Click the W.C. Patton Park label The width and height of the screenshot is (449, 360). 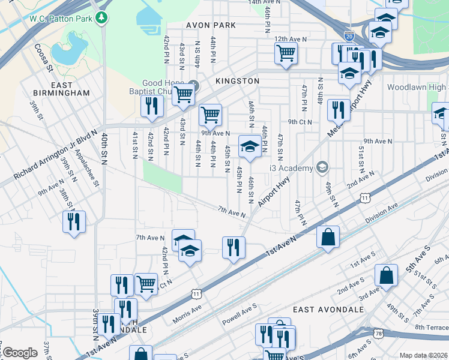point(61,18)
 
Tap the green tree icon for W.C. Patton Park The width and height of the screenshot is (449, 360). point(103,17)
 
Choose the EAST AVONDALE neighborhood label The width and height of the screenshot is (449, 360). point(328,309)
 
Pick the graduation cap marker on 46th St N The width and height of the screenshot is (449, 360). point(250,145)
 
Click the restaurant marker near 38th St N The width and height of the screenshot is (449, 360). point(74,221)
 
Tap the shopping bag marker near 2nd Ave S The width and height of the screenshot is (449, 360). point(387,275)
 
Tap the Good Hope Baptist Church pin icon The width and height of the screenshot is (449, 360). point(193,83)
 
